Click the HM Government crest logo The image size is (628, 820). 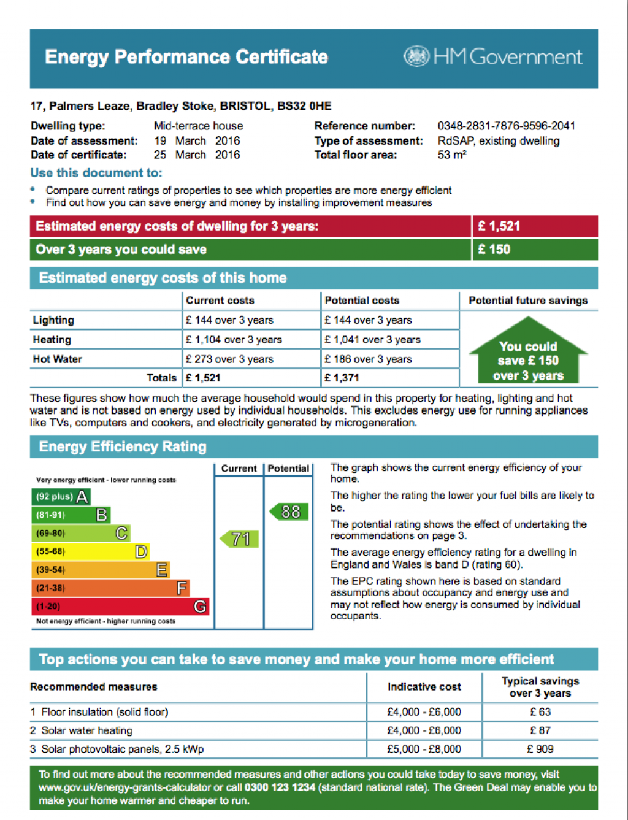416,56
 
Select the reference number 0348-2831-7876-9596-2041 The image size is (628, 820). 506,126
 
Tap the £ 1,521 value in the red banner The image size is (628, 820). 499,226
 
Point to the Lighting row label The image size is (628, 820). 53,320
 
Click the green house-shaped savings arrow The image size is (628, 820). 528,352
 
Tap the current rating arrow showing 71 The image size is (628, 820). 240,539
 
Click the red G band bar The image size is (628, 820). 120,607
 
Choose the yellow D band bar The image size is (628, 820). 90,551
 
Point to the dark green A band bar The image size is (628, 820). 61,496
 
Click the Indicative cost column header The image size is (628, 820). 424,687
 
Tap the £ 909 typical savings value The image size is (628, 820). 540,749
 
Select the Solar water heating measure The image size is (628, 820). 86,730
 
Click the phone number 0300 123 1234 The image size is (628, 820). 280,787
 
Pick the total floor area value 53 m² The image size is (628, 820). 452,155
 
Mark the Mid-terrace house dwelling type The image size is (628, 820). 198,126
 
